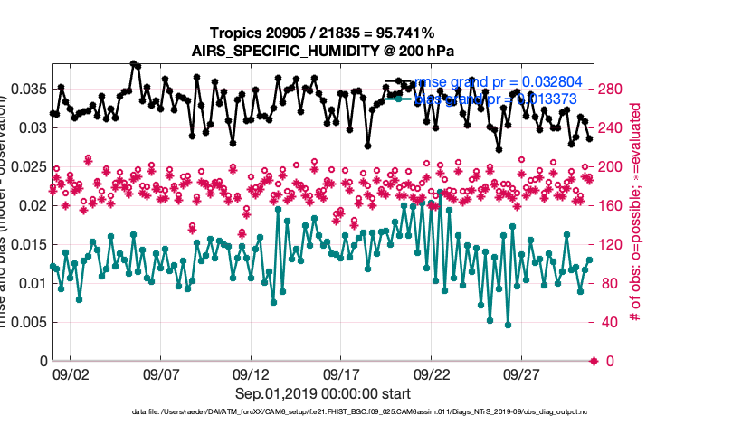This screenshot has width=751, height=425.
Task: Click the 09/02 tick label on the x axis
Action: pyautogui.click(x=71, y=373)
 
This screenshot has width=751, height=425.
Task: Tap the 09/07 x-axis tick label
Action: pyautogui.click(x=161, y=373)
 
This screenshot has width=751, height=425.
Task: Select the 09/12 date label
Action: pyautogui.click(x=252, y=373)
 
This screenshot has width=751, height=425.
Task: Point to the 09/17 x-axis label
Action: pyautogui.click(x=342, y=373)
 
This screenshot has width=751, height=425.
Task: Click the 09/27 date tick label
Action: pyautogui.click(x=522, y=373)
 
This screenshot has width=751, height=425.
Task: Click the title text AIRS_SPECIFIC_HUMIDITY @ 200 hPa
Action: pyautogui.click(x=323, y=51)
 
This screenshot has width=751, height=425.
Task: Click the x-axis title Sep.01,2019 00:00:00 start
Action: pyautogui.click(x=323, y=394)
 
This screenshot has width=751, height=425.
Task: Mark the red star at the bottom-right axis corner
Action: pyautogui.click(x=594, y=362)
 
